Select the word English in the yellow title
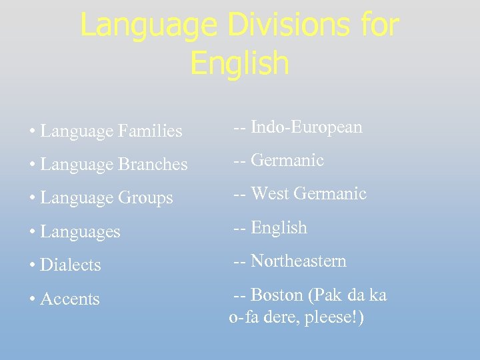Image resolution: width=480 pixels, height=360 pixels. pyautogui.click(x=239, y=63)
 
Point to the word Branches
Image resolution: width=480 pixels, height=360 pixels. pyautogui.click(x=153, y=165)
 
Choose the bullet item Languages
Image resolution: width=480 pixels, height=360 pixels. pyautogui.click(x=80, y=232)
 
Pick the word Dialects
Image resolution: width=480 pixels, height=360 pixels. pyautogui.click(x=71, y=265)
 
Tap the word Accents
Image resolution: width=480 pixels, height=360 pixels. pyautogui.click(x=70, y=299)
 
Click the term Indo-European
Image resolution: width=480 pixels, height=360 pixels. pyautogui.click(x=307, y=127)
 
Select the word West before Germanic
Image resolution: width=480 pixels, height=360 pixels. pyautogui.click(x=270, y=194)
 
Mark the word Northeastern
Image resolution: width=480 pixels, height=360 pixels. pyautogui.click(x=299, y=261)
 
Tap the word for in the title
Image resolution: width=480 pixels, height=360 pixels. pyautogui.click(x=379, y=26)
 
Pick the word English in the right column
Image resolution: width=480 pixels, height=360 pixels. pyautogui.click(x=279, y=227)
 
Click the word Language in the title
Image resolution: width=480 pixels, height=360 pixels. pyautogui.click(x=148, y=26)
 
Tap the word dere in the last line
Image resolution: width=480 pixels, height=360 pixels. pyautogui.click(x=282, y=318)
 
